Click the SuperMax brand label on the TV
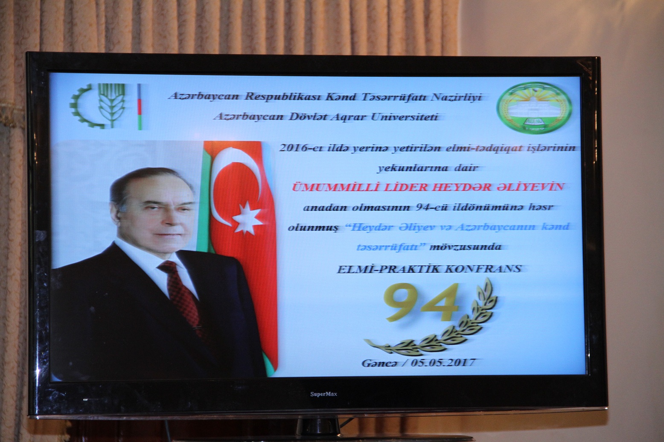click(x=323, y=394)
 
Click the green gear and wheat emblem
click(x=98, y=106)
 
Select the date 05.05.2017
click(x=443, y=363)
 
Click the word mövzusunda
click(x=466, y=247)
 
